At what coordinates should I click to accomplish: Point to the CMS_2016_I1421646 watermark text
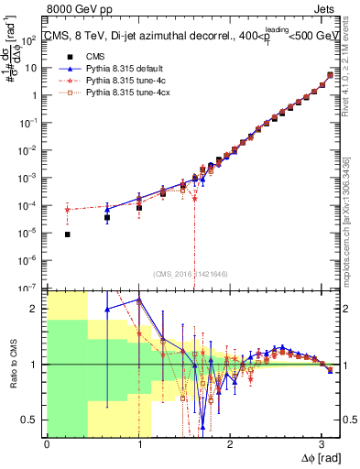191,273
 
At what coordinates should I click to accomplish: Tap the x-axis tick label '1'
138,443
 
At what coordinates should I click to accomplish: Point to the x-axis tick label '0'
47,443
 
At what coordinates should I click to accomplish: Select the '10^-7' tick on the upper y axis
30,288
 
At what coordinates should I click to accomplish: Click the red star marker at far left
68,210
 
